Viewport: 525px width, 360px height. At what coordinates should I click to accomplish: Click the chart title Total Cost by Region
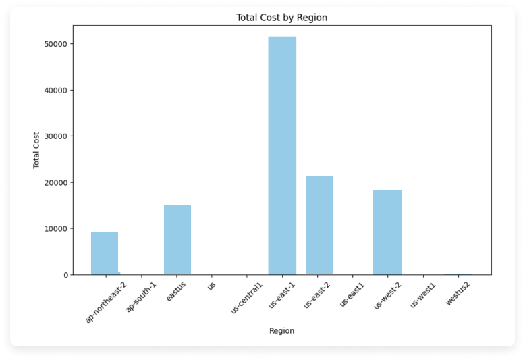click(282, 18)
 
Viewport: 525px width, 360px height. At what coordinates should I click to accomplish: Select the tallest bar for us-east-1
click(282, 155)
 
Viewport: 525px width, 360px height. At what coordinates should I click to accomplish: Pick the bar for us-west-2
click(387, 232)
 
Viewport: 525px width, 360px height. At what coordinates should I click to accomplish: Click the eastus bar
click(177, 239)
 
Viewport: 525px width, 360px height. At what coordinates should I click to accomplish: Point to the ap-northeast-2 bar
click(105, 253)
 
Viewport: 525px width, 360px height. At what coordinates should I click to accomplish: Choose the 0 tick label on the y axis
click(65, 275)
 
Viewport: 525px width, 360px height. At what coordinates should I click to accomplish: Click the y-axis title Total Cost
click(38, 150)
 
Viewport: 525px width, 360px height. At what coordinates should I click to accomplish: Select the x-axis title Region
click(281, 331)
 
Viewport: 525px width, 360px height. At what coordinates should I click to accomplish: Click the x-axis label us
click(212, 286)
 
